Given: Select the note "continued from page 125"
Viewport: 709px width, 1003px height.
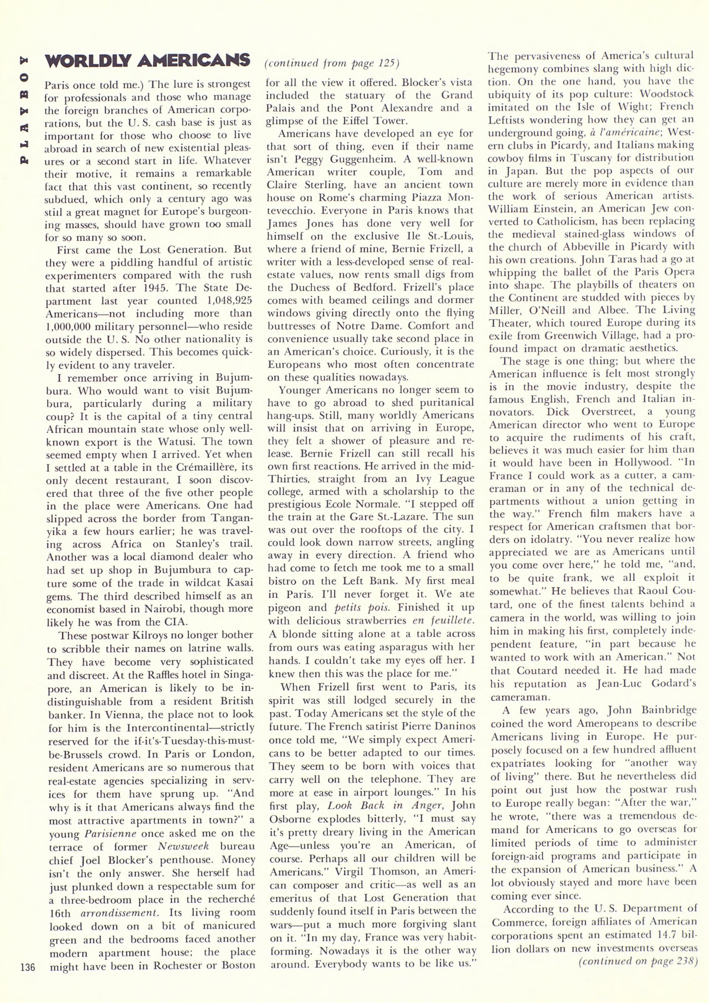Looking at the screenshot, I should [x=332, y=63].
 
